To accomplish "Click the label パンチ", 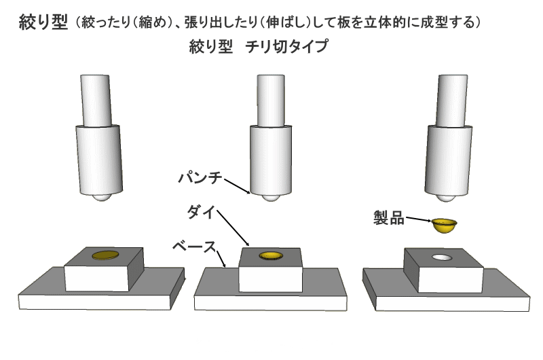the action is [200, 178].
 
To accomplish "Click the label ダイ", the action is [202, 211].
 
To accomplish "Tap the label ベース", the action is [194, 247].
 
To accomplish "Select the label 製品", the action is [389, 218].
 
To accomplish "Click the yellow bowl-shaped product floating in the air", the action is [444, 226].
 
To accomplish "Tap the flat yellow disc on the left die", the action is [106, 255].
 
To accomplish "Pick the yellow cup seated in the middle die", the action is [271, 255].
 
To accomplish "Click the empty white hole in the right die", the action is [443, 257].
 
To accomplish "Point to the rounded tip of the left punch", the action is [101, 198].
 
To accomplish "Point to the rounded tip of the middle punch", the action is [271, 198].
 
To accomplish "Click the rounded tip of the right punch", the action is [446, 198].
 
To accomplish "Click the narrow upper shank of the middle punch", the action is [271, 101].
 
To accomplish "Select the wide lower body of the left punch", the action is [99, 160].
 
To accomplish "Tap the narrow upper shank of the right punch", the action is [451, 101].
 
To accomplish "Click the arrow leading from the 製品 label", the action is [418, 219].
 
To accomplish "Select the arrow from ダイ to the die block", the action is [233, 228].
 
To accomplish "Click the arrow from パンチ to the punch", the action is [237, 186].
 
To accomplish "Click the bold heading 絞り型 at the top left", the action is [43, 22].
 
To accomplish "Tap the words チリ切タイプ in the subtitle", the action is [286, 46].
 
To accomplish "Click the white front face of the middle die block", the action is [270, 280].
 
